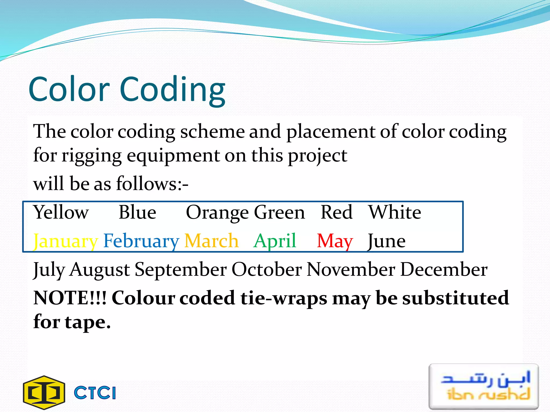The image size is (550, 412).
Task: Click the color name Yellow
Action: click(x=61, y=212)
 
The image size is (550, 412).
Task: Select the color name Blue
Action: click(x=137, y=212)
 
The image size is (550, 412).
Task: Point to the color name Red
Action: click(x=336, y=212)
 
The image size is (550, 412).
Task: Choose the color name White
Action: click(x=395, y=212)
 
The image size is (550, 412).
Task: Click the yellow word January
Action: click(x=65, y=241)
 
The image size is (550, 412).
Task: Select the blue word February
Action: click(x=141, y=241)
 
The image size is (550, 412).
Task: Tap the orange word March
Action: click(x=211, y=241)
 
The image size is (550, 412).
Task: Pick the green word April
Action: click(x=275, y=241)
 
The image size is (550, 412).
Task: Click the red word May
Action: click(x=335, y=241)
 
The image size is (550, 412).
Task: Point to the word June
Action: click(x=386, y=241)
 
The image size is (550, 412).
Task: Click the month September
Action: click(x=181, y=270)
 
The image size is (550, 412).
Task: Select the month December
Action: click(x=444, y=270)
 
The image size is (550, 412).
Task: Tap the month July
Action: click(x=49, y=270)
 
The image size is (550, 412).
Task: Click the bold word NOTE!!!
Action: click(x=70, y=298)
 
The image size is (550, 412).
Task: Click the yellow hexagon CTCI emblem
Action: click(x=44, y=393)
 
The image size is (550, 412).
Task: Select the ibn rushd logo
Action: click(x=483, y=387)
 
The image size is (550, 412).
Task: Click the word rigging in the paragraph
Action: click(x=92, y=156)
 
